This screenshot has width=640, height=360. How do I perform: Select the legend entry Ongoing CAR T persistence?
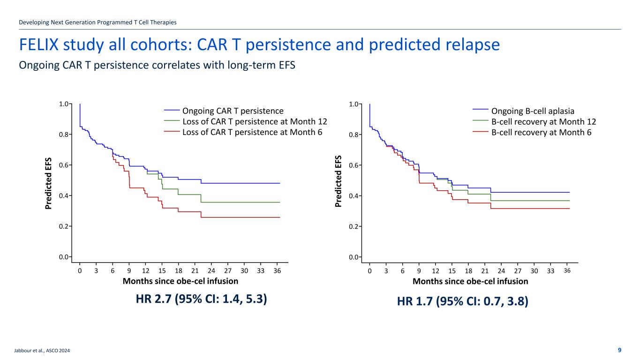(233, 111)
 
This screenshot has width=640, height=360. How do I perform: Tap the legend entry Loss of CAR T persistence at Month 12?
(254, 121)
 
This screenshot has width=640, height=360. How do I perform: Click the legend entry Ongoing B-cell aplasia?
(533, 111)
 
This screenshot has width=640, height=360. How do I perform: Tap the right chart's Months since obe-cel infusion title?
(470, 281)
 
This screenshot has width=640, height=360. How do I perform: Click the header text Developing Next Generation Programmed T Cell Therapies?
(98, 22)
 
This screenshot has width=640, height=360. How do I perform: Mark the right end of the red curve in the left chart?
(280, 217)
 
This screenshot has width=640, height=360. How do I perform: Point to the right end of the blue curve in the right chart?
(569, 192)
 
